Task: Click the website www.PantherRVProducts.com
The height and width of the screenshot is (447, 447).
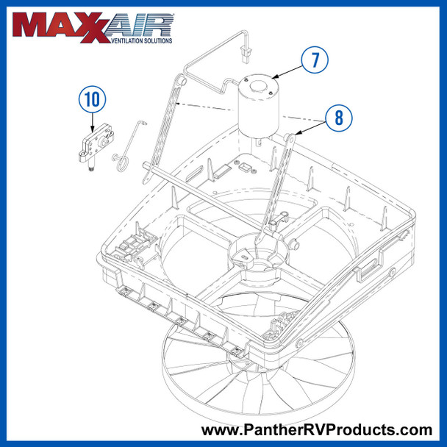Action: click(317, 429)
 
